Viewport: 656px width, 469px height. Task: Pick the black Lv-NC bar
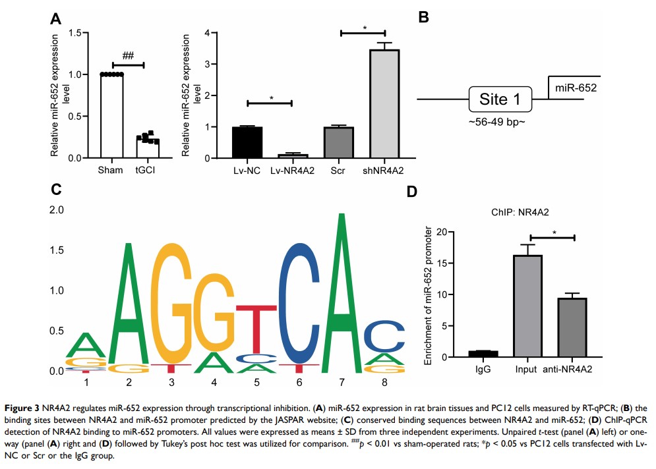click(247, 142)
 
